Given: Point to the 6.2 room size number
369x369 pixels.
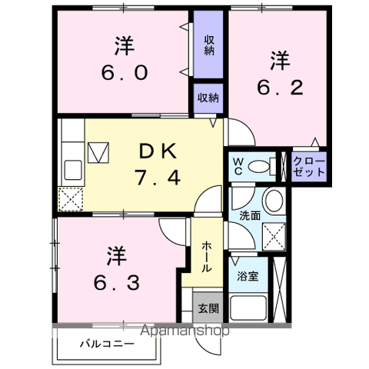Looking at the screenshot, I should coord(279,88).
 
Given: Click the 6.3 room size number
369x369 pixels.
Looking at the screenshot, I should coord(117,283).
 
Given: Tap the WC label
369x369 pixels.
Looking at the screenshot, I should coord(238,166).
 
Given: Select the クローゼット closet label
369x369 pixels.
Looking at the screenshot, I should coord(309,168).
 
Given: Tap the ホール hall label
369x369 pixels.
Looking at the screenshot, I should coord(207,257).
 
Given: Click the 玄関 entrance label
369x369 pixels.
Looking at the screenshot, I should coord(207,309).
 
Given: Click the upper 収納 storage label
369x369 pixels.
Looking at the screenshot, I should coord(208,45).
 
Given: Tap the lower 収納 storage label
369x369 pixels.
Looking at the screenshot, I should coord(208,98).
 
